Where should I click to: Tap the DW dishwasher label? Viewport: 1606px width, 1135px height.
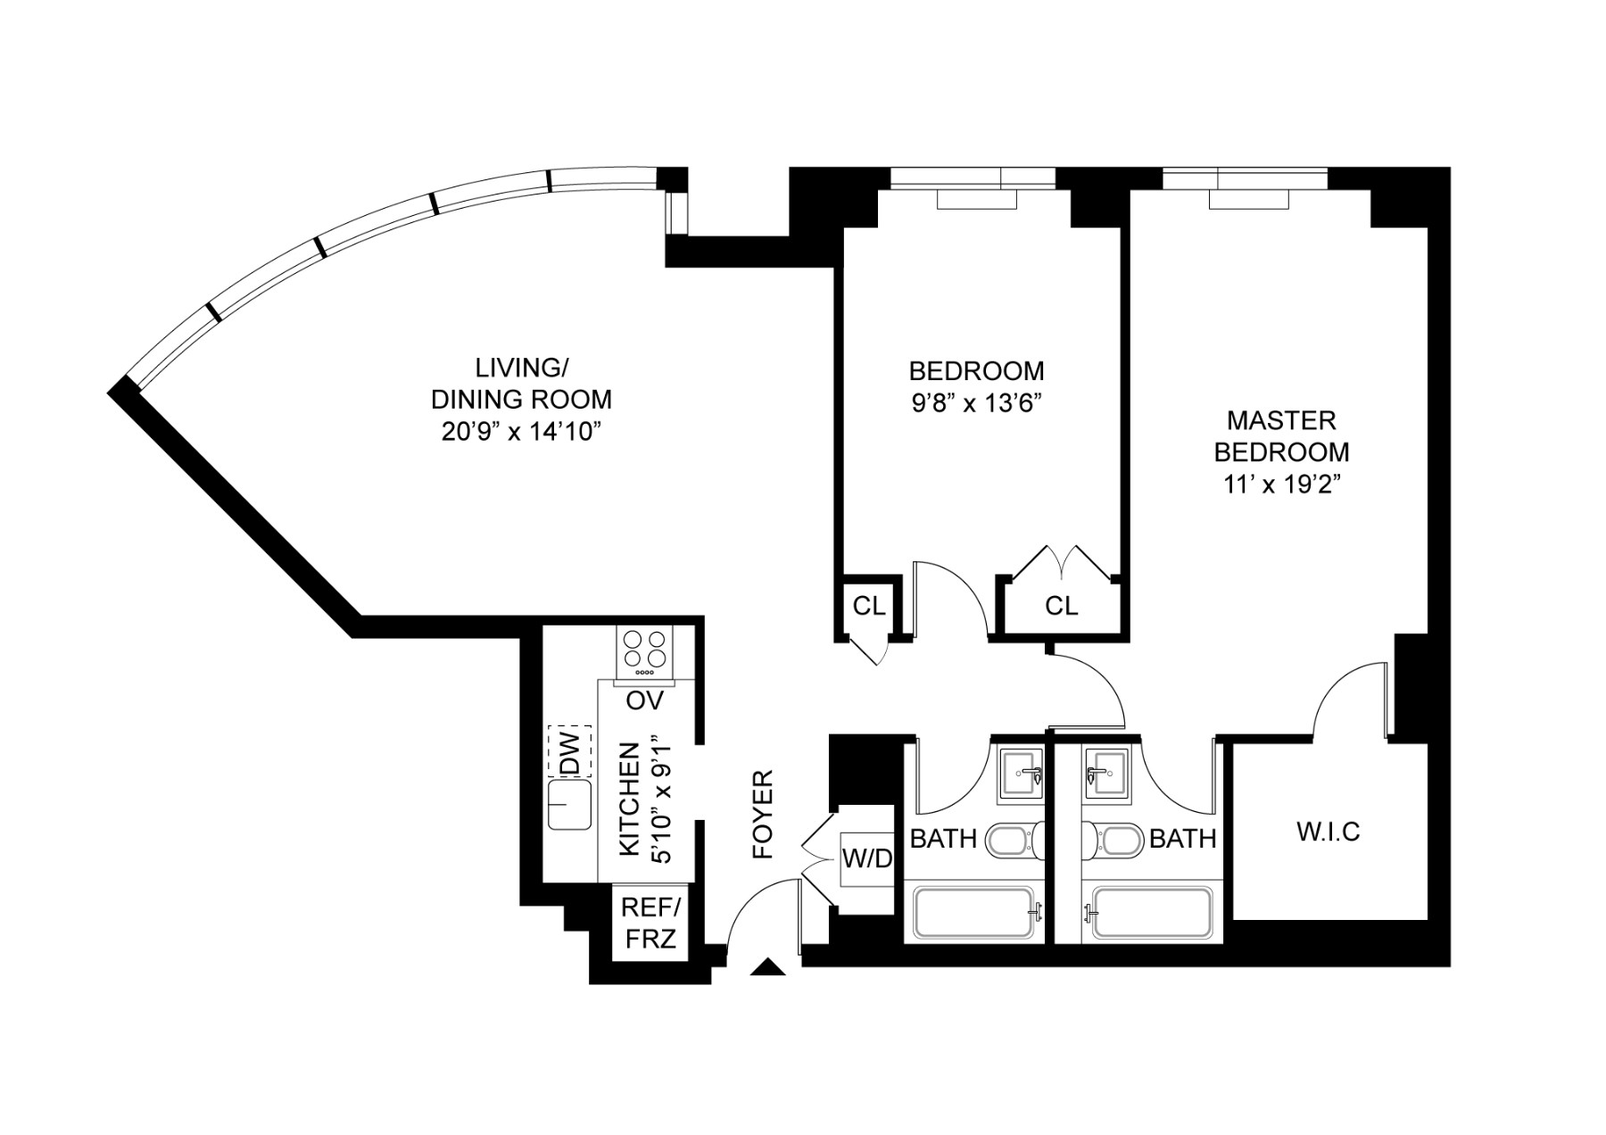(x=570, y=750)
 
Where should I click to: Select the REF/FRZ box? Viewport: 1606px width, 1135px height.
(x=650, y=923)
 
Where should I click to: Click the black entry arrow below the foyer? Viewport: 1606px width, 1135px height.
(x=767, y=967)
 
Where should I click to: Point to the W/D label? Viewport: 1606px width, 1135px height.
(x=867, y=859)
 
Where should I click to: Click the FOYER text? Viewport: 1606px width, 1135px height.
(x=763, y=815)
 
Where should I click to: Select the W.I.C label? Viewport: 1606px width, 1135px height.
(x=1328, y=832)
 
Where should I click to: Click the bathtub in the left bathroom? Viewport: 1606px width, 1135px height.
(x=975, y=912)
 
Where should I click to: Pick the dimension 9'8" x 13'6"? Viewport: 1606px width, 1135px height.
(x=976, y=402)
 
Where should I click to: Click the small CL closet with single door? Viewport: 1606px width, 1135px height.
(x=868, y=606)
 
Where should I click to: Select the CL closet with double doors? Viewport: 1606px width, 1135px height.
(x=1061, y=607)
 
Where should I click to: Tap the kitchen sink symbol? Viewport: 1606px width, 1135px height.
(x=569, y=804)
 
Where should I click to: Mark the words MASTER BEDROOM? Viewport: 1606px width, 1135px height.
(x=1281, y=435)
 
